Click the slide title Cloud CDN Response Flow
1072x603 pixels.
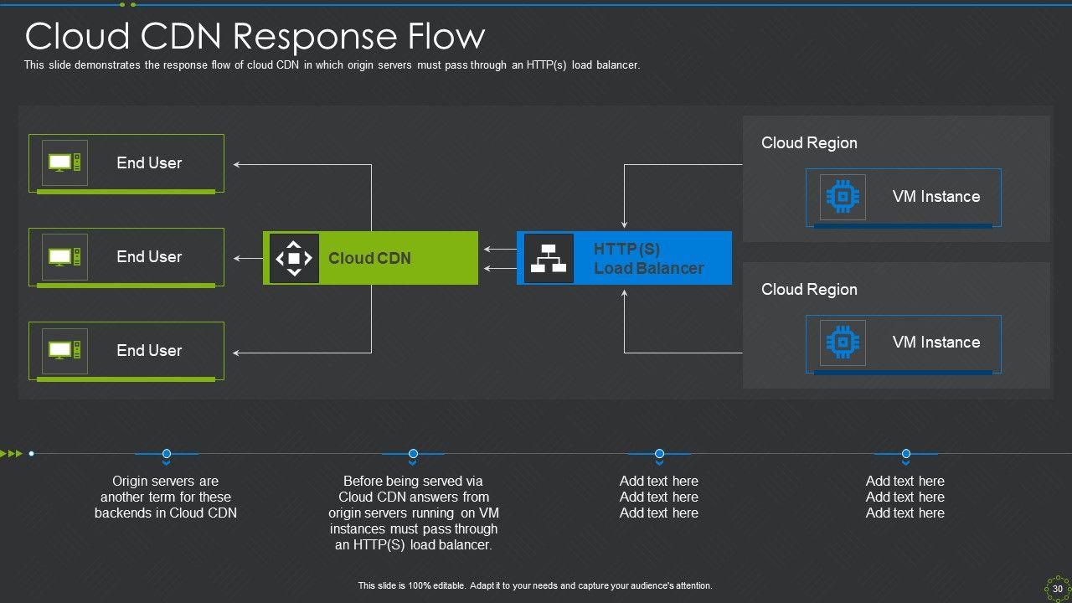(x=255, y=37)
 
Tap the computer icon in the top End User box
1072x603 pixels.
(x=64, y=162)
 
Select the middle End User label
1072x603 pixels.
(x=149, y=257)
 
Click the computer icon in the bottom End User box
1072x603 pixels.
(x=64, y=350)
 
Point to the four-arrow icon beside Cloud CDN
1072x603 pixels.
(x=294, y=258)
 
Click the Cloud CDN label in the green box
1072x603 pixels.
(x=369, y=259)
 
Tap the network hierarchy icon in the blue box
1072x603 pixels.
(x=549, y=258)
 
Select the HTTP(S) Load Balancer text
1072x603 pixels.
(x=648, y=259)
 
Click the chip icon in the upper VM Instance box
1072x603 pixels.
(x=843, y=197)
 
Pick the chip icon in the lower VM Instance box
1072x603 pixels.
(x=843, y=343)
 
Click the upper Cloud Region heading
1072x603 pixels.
(x=809, y=143)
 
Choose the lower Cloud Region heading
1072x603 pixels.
(x=809, y=290)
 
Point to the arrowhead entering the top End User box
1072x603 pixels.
(x=237, y=165)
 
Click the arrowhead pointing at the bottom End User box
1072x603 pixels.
(x=237, y=353)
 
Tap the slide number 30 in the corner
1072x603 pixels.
(x=1058, y=589)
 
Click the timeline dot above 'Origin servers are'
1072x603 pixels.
(x=167, y=454)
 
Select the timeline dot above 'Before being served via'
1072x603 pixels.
(x=413, y=454)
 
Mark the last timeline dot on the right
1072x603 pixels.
(x=905, y=454)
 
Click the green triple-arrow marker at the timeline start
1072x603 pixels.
(x=12, y=454)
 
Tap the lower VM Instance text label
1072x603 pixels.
(x=935, y=343)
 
